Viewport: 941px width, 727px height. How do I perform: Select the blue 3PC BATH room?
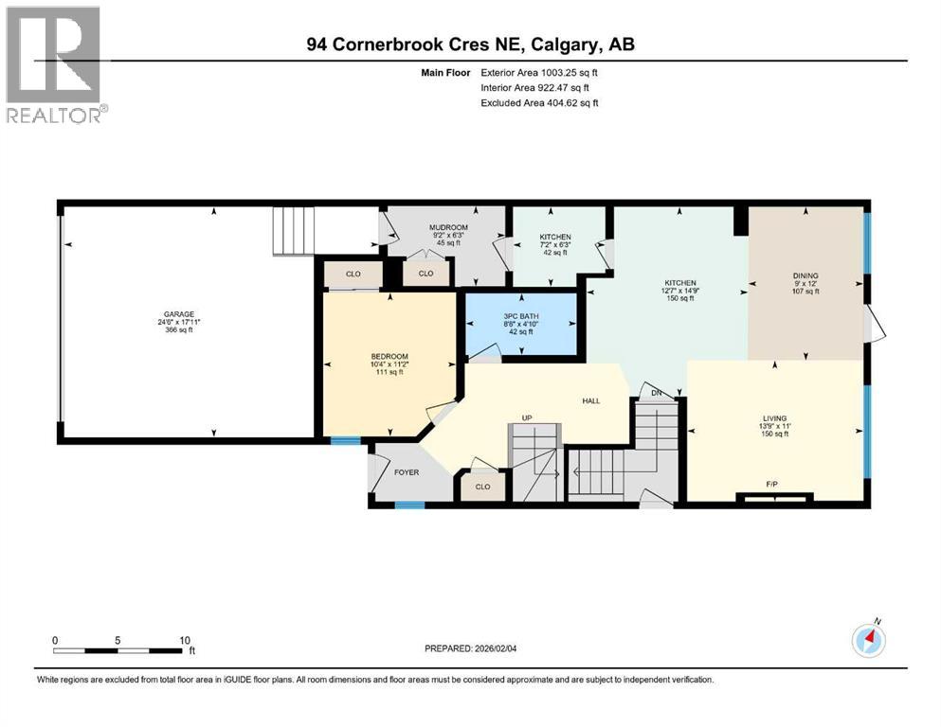[520, 324]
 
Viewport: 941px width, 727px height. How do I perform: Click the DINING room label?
[805, 275]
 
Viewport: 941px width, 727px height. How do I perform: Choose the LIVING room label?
[775, 417]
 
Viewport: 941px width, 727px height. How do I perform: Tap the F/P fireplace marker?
[772, 484]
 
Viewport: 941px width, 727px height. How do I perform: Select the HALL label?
[590, 401]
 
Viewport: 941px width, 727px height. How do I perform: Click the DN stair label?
[656, 393]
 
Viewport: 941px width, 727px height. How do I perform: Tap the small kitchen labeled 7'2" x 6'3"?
[554, 244]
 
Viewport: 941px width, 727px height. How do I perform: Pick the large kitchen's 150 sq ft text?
[680, 299]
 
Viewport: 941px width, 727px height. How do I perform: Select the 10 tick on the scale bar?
[185, 640]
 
